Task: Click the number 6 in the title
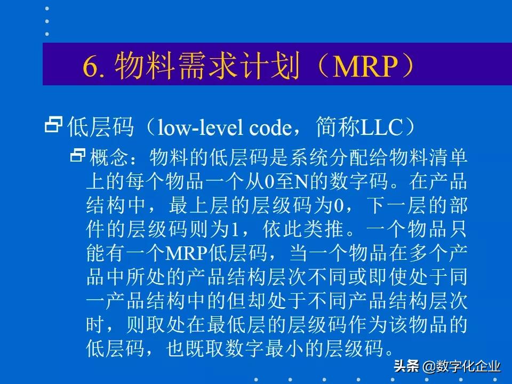(x=89, y=67)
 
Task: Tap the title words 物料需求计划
(x=207, y=67)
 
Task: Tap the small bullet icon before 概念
(x=78, y=156)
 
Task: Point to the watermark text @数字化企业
(x=462, y=367)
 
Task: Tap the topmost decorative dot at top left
(x=47, y=9)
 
